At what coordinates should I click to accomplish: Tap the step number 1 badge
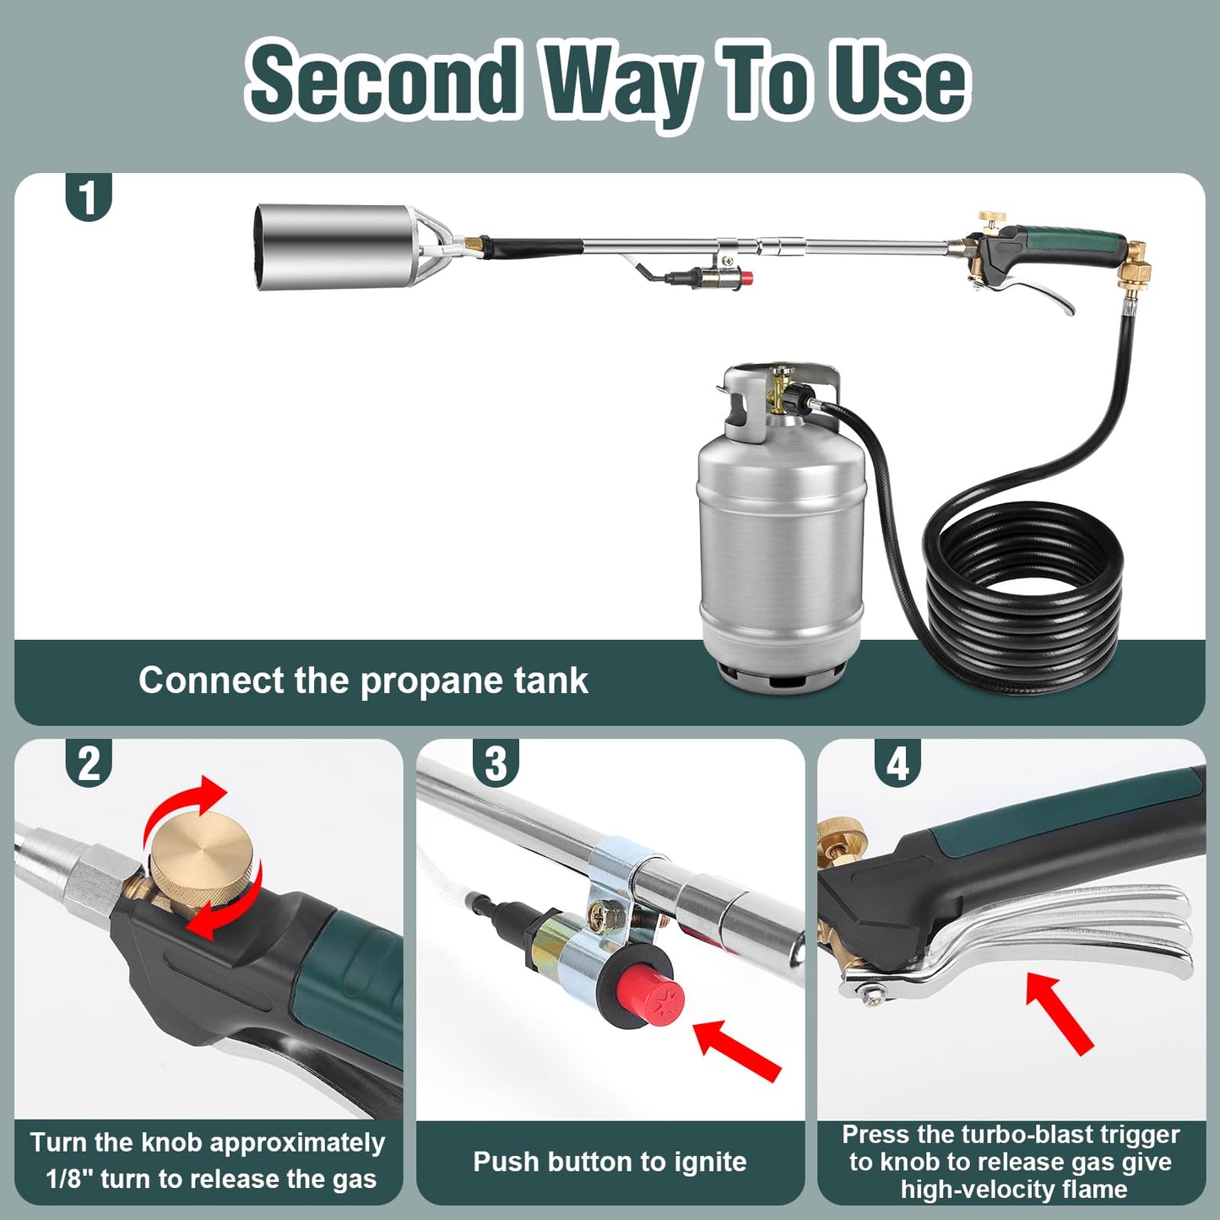(x=88, y=198)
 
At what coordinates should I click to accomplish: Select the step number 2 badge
(x=88, y=764)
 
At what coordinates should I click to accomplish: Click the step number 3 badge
(x=495, y=764)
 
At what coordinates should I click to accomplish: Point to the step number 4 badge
(x=897, y=764)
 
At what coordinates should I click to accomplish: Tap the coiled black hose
(x=1026, y=591)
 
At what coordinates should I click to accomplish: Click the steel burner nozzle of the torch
(x=333, y=246)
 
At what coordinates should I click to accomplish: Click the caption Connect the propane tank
(x=363, y=680)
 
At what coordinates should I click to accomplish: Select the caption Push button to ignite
(x=610, y=1162)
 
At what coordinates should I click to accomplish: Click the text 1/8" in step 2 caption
(x=69, y=1179)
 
